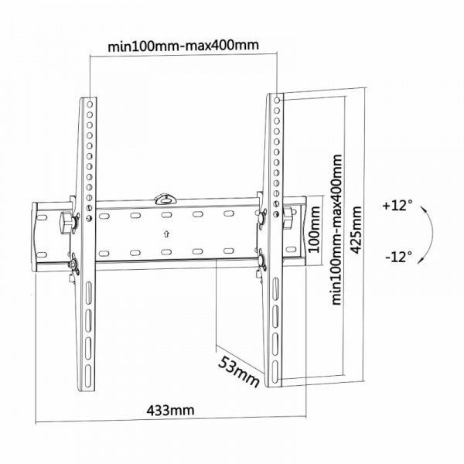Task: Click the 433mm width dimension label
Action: pyautogui.click(x=170, y=410)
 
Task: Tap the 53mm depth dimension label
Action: pyautogui.click(x=238, y=372)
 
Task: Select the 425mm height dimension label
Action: pyautogui.click(x=356, y=230)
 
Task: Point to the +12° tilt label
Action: pyautogui.click(x=397, y=205)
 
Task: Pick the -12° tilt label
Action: pyautogui.click(x=398, y=256)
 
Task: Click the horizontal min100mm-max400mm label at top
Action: pyautogui.click(x=183, y=46)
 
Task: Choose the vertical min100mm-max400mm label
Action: pyautogui.click(x=337, y=230)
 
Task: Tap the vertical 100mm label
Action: pyautogui.click(x=314, y=230)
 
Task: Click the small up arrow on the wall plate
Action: pyautogui.click(x=166, y=234)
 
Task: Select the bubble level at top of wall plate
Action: pyautogui.click(x=165, y=199)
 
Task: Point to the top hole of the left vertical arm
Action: pyautogui.click(x=90, y=104)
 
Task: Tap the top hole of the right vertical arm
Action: pyautogui.click(x=277, y=100)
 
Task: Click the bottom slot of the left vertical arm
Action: pyautogui.click(x=88, y=376)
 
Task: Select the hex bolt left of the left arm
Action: pyautogui.click(x=66, y=223)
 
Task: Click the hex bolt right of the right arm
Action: pyautogui.click(x=288, y=217)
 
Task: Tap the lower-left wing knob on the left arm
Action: pyautogui.click(x=73, y=264)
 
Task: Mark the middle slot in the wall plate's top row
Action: pyautogui.click(x=166, y=214)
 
